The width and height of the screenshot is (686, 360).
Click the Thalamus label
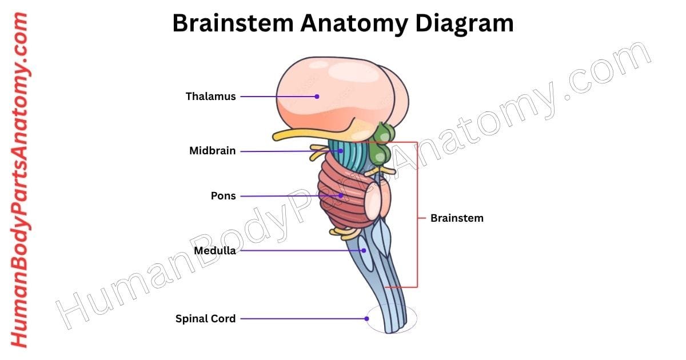click(210, 97)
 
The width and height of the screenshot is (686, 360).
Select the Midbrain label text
click(212, 151)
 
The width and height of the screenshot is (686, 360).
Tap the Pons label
click(223, 196)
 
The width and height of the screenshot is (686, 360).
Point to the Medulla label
click(214, 250)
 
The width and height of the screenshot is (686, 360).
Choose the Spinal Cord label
click(205, 319)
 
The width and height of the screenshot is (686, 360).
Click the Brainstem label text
click(457, 218)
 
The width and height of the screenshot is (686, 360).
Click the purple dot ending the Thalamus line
click(317, 97)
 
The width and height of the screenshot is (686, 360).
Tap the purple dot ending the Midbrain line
click(341, 151)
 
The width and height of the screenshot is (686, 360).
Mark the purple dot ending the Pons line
click(341, 195)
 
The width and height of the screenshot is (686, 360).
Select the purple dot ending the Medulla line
click(362, 250)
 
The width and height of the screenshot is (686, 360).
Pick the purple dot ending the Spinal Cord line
click(367, 319)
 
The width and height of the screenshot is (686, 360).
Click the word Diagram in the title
click(464, 23)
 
